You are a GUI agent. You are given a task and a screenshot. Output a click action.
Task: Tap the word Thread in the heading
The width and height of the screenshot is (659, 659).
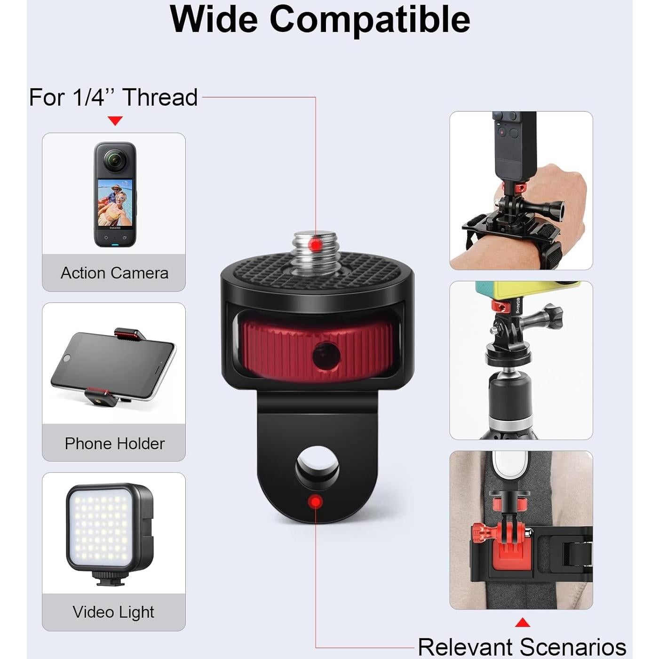point(160,97)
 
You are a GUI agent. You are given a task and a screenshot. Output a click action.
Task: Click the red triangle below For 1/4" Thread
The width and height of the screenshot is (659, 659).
point(115,121)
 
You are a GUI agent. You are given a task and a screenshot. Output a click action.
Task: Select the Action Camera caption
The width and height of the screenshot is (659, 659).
point(114,273)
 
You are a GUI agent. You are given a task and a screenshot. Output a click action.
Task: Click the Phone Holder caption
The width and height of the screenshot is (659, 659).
point(114,443)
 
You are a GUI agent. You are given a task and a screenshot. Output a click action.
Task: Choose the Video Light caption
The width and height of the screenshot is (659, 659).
point(113,611)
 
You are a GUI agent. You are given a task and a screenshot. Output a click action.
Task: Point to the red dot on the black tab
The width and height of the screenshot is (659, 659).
point(315,502)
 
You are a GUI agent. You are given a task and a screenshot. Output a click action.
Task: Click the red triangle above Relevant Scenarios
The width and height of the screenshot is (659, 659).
point(522,623)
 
